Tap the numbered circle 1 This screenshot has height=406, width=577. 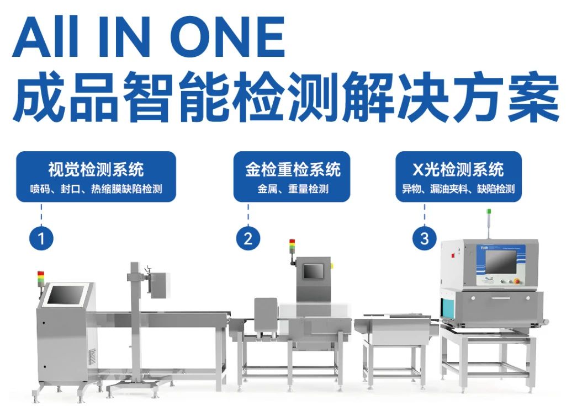[x=41, y=239]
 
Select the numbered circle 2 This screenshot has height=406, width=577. [x=248, y=238]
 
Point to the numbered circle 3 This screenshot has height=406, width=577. [x=424, y=238]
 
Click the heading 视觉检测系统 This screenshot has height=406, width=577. [x=96, y=169]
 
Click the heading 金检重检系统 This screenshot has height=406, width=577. [x=293, y=169]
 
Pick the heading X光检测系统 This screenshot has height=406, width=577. [x=458, y=169]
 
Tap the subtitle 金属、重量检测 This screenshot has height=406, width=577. [x=293, y=189]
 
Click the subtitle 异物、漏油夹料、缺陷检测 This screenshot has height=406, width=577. [x=458, y=189]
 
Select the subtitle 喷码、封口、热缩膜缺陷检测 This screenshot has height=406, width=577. [x=96, y=189]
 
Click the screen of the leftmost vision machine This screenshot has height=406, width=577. [x=65, y=295]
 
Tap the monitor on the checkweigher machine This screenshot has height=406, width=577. [x=313, y=271]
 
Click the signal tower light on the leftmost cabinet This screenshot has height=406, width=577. [x=40, y=277]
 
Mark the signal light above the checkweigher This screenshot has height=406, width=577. [x=292, y=245]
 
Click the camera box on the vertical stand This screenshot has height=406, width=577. [x=158, y=284]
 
